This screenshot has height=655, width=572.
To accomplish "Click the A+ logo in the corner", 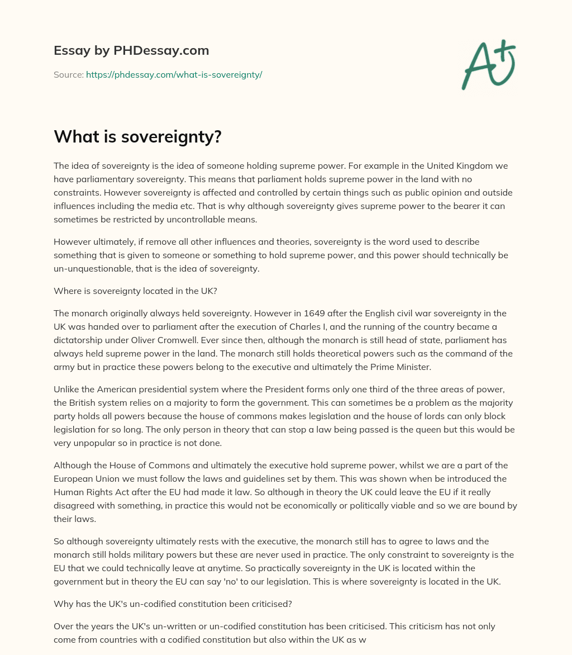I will click(x=488, y=64).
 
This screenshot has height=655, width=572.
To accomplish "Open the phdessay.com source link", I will click(x=174, y=74).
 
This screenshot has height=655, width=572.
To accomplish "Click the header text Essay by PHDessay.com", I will click(x=131, y=51).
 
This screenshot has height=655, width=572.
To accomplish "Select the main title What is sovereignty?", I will click(x=137, y=136).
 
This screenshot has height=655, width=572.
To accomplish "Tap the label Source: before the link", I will click(x=68, y=74).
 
